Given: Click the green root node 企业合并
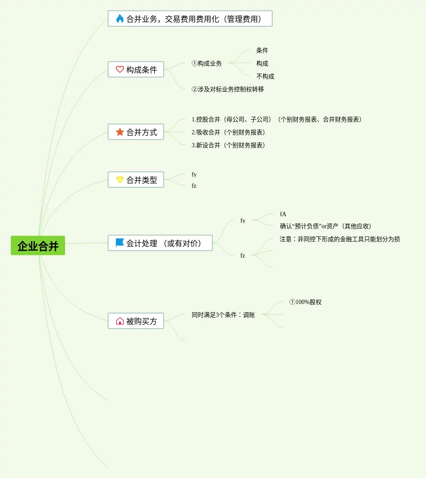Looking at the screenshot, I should click(38, 245).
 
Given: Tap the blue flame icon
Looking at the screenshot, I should click(120, 19).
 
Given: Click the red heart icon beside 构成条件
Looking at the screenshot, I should click(120, 69).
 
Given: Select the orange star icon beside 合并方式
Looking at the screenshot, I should click(120, 132).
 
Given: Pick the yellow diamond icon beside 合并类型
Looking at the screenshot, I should click(120, 180).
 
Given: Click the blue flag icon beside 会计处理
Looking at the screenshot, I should click(120, 243).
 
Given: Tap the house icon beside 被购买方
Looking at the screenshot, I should click(120, 321).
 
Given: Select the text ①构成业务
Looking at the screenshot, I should click(207, 63).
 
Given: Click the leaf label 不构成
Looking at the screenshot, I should click(265, 76).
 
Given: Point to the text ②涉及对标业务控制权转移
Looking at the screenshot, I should click(227, 89).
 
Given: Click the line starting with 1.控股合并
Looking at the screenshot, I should click(277, 119).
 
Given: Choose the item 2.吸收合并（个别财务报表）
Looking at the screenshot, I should click(229, 132).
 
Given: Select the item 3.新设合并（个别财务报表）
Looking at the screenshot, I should click(229, 145).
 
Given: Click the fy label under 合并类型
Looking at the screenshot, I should click(194, 174).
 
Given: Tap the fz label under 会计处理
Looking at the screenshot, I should click(243, 255).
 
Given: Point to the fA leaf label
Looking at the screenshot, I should click(283, 214).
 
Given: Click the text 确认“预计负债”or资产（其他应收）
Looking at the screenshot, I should click(326, 226).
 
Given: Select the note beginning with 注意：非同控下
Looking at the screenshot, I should click(339, 239).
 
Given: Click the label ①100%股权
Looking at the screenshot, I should click(305, 302).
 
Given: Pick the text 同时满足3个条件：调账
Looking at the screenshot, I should click(223, 315).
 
